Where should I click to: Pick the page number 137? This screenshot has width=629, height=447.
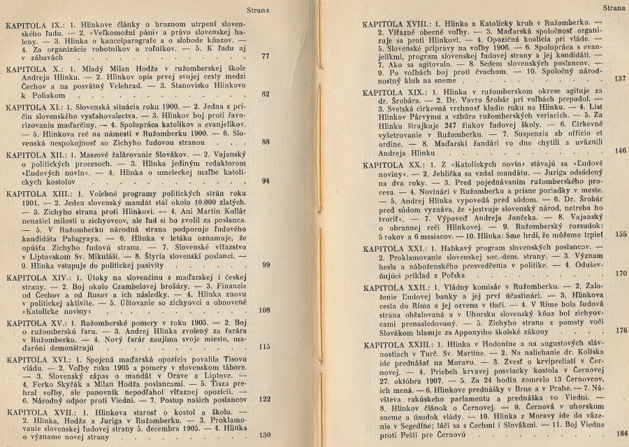coord(620,78)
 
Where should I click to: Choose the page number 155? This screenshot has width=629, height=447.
coord(620,255)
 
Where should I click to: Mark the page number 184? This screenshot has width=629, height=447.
coord(621,434)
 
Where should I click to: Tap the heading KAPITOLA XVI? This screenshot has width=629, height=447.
coord(33,356)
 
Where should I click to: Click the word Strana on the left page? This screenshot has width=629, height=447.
coord(259,10)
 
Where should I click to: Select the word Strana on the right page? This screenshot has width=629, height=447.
coord(613,9)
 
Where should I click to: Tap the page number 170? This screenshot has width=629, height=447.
coord(620,274)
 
